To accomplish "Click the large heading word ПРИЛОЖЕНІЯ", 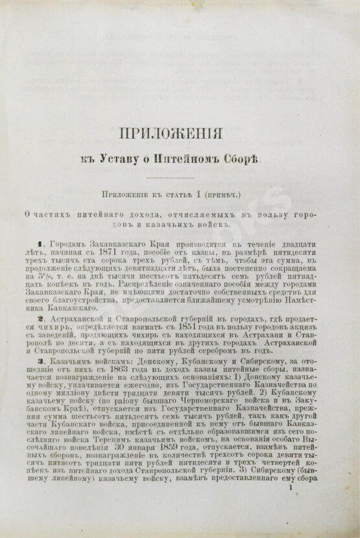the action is pyautogui.click(x=171, y=134).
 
